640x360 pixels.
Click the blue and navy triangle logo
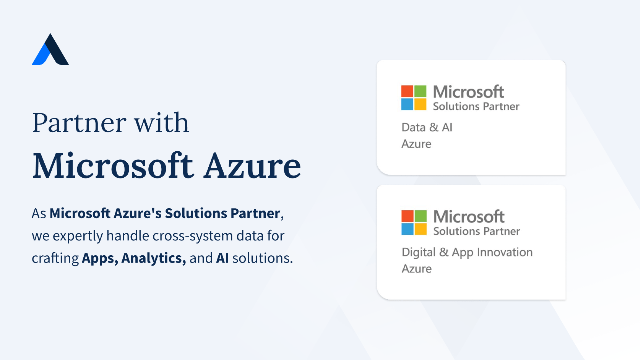50,50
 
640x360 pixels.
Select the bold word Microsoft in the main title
113,165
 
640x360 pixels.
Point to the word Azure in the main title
252,166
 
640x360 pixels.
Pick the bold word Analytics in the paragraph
154,258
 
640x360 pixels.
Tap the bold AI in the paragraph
222,258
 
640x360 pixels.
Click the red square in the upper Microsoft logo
407,91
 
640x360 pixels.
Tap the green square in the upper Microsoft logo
420,91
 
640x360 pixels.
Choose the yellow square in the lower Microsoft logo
421,229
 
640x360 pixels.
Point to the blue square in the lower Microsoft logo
408,229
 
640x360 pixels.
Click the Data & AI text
427,127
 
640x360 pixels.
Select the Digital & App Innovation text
467,253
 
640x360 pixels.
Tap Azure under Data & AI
416,144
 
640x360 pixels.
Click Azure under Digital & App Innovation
417,269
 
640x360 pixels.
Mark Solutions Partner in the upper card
476,106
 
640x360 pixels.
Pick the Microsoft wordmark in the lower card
469,217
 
